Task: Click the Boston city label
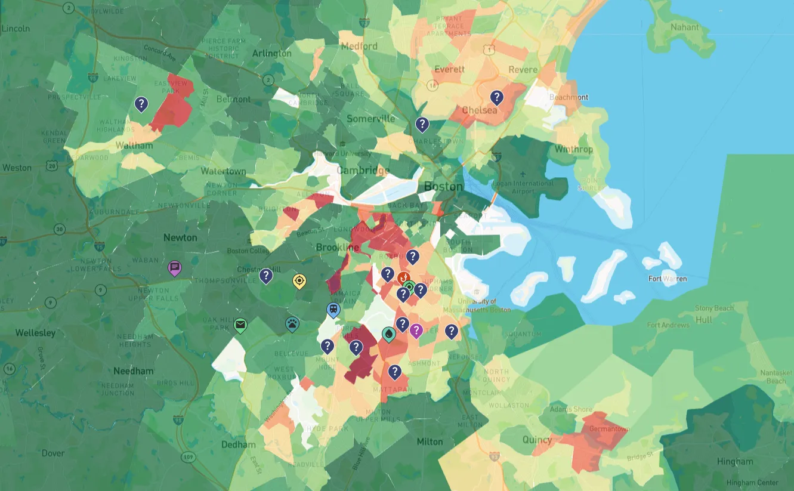coord(443,187)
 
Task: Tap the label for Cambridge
coord(363,171)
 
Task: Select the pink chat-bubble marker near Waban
coord(175,268)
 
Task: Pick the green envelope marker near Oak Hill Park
coord(240,325)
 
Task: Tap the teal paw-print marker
coord(292,323)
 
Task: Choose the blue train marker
coord(333,310)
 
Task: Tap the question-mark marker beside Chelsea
coord(496,97)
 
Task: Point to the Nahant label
coord(684,27)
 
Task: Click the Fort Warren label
coord(667,279)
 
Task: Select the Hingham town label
coord(735,461)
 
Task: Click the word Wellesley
coord(35,332)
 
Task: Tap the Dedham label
coord(238,444)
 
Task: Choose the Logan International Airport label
coord(524,187)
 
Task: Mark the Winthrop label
coord(573,149)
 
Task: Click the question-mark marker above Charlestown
coord(422,124)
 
